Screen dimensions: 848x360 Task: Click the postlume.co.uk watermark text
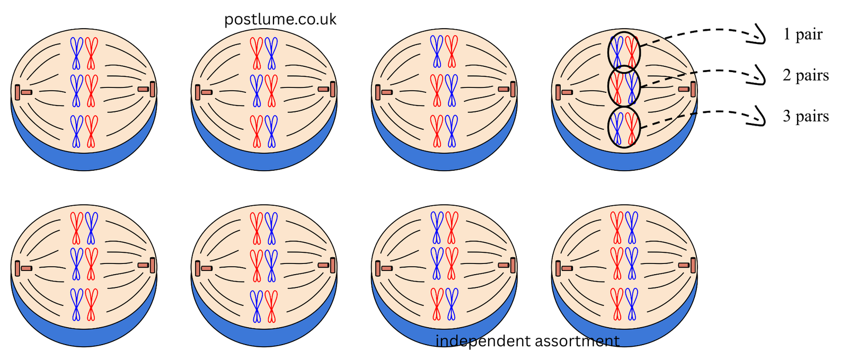pos(280,20)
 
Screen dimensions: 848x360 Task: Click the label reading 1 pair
pos(803,34)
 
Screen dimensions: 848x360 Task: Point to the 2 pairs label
pos(806,75)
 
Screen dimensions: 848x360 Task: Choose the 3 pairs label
pos(806,116)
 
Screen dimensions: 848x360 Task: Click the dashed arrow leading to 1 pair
pos(712,30)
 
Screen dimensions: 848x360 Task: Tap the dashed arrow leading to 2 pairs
pos(712,71)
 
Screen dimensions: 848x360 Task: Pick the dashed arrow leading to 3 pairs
pos(712,112)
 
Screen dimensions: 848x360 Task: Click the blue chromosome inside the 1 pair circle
pos(617,52)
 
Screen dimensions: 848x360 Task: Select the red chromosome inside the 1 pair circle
pos(631,52)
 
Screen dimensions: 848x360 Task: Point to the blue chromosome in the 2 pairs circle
pos(631,88)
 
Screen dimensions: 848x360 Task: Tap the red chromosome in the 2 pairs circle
pos(617,88)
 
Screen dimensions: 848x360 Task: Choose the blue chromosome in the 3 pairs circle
pos(617,129)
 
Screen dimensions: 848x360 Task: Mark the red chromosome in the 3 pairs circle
pos(631,129)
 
